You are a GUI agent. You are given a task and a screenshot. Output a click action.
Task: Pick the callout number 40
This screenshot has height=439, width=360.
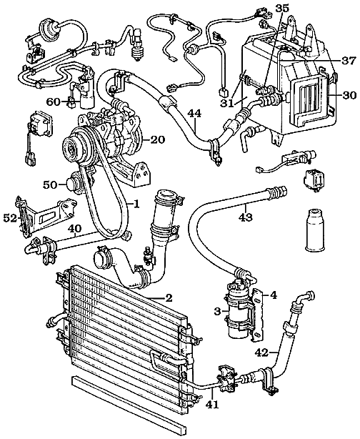click(74, 230)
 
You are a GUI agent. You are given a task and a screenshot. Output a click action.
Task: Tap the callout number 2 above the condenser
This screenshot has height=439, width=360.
click(169, 297)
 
